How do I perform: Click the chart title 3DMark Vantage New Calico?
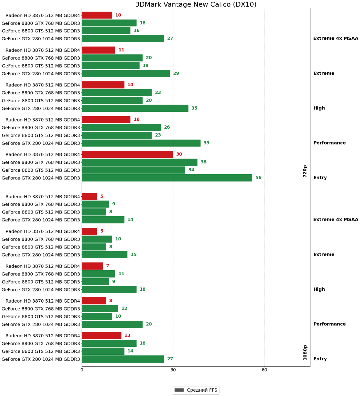[196, 4]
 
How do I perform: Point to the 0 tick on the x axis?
[82, 370]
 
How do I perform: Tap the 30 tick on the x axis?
[173, 370]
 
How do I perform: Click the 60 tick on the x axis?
[264, 370]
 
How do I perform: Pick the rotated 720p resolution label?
[305, 171]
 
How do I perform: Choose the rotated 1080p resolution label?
[305, 352]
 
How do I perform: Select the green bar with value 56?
[167, 178]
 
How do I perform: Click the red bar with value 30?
[127, 154]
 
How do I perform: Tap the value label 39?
[206, 143]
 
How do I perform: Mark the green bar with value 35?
[135, 108]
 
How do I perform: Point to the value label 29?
[176, 74]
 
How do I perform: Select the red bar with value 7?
[92, 266]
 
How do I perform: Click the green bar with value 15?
[104, 255]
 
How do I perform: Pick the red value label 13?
[127, 336]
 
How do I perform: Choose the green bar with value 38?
[139, 162]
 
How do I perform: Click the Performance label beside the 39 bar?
[329, 143]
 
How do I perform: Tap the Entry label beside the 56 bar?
[320, 178]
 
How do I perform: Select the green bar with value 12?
[100, 309]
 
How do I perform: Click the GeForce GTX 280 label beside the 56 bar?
[41, 178]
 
